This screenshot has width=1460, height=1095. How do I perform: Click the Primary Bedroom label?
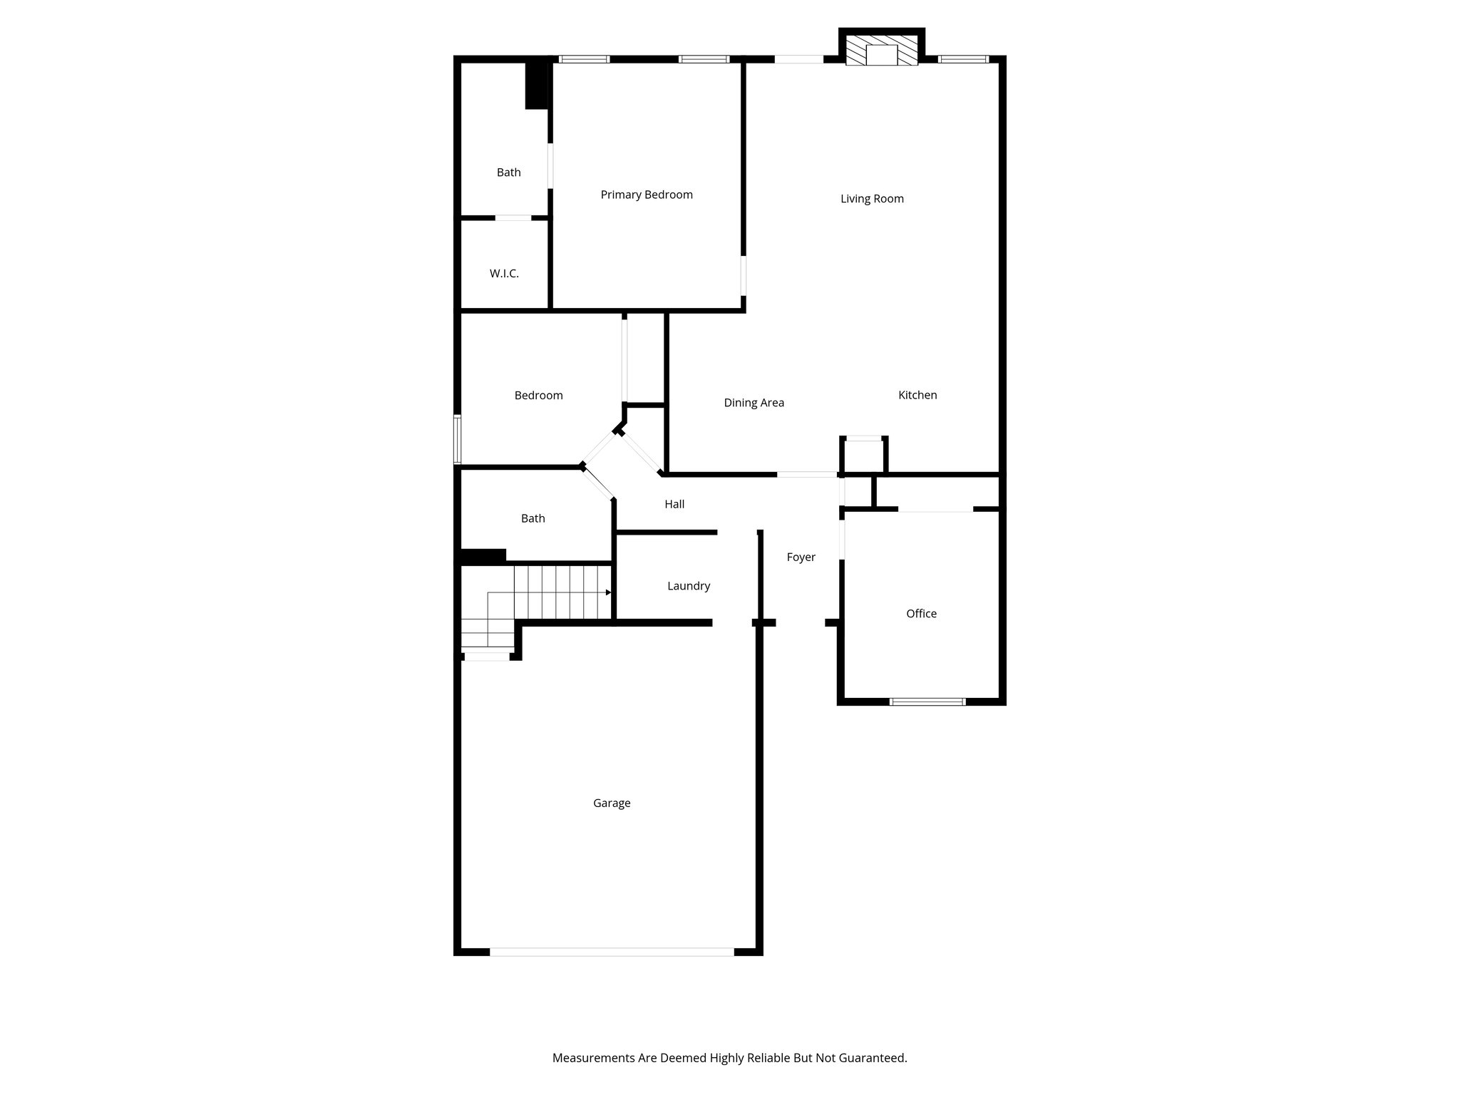click(647, 195)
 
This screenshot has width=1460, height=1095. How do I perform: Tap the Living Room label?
click(872, 199)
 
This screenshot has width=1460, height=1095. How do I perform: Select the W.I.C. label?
click(504, 274)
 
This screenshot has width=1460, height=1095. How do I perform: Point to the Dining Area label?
click(754, 403)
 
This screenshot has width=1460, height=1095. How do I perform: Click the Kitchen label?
click(917, 395)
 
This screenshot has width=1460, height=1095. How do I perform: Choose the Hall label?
click(674, 505)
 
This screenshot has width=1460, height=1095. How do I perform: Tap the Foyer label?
click(801, 557)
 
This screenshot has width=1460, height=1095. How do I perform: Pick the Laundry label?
click(689, 586)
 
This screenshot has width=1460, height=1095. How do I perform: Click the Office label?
click(921, 614)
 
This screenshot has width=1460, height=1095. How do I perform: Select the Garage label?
click(612, 803)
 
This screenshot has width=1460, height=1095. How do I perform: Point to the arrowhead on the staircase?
click(608, 592)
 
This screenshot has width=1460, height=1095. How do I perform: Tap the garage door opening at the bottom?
click(612, 952)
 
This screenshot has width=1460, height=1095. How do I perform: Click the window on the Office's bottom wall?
click(927, 701)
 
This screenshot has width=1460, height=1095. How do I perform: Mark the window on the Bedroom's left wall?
click(458, 439)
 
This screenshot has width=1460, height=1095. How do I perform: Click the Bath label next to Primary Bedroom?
click(509, 173)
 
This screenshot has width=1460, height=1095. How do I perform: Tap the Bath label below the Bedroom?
click(533, 519)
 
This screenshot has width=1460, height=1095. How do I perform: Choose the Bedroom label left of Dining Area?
click(538, 396)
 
